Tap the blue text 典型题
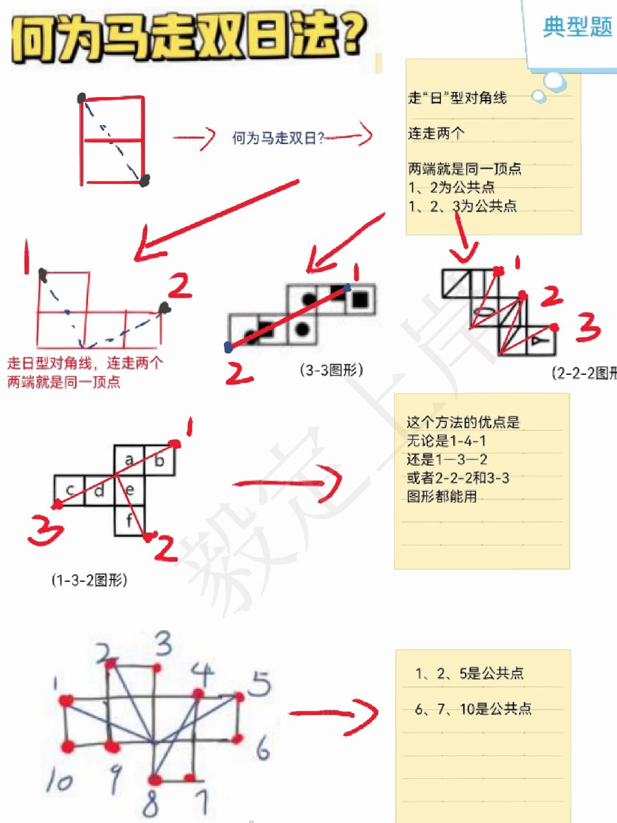pos(577,26)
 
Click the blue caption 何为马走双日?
pos(278,138)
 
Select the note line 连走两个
pos(436,134)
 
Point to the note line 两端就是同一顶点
pos(464,169)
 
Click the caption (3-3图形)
pos(331,370)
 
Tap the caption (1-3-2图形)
pos(89,580)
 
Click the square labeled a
pos(129,460)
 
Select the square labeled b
pos(159,460)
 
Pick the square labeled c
pos(69,490)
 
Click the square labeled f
pos(129,521)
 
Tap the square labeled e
pos(130,490)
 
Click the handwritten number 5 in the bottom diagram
pos(260,684)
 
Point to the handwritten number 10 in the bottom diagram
pos(59,780)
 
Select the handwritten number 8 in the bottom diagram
pos(150,805)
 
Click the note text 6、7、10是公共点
pos(473,709)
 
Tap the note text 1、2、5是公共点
pos(470,673)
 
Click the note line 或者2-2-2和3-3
pos(458,478)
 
